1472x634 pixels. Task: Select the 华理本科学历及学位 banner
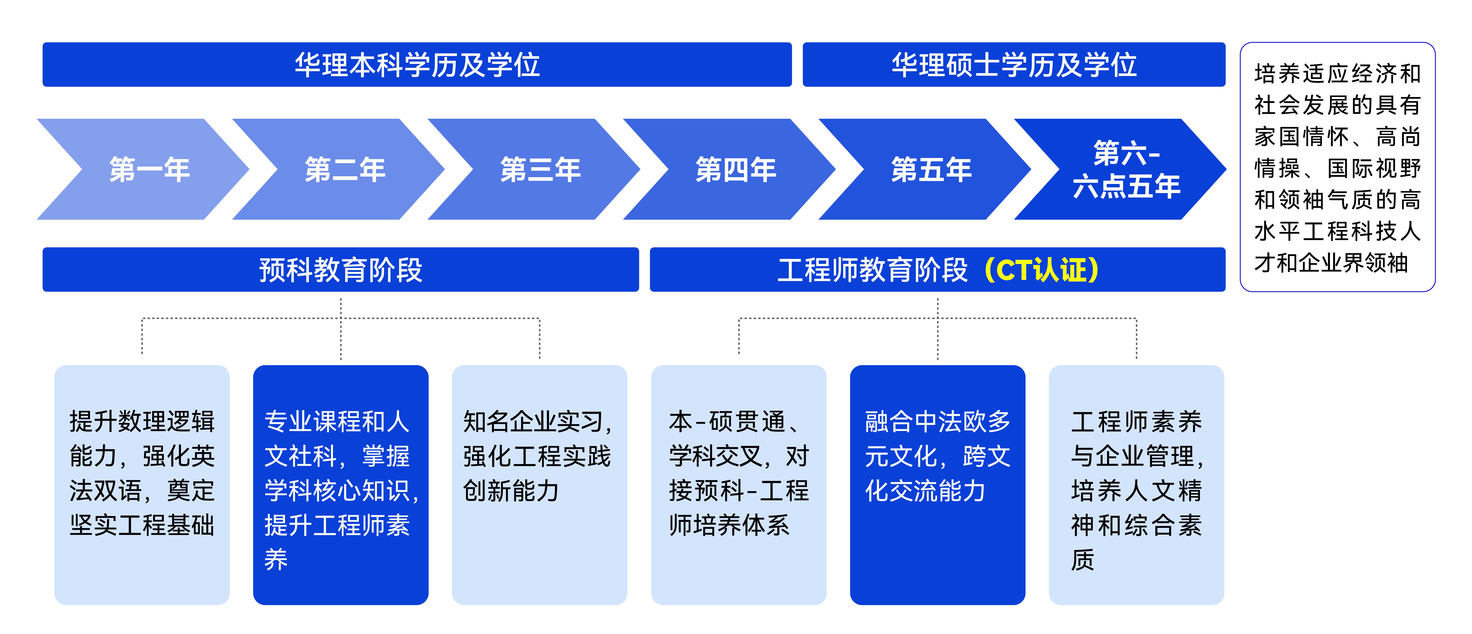417,65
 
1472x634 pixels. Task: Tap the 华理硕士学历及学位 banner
1014,65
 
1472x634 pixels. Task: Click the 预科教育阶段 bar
340,270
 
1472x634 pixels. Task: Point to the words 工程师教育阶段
873,270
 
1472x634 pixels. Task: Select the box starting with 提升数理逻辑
142,485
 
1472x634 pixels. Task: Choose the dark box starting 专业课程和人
340,485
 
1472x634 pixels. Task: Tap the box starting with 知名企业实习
539,485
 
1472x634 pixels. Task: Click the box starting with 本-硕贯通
739,485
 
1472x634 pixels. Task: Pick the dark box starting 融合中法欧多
938,485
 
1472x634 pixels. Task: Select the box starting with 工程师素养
1137,485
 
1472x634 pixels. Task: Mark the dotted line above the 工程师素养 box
1137,337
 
